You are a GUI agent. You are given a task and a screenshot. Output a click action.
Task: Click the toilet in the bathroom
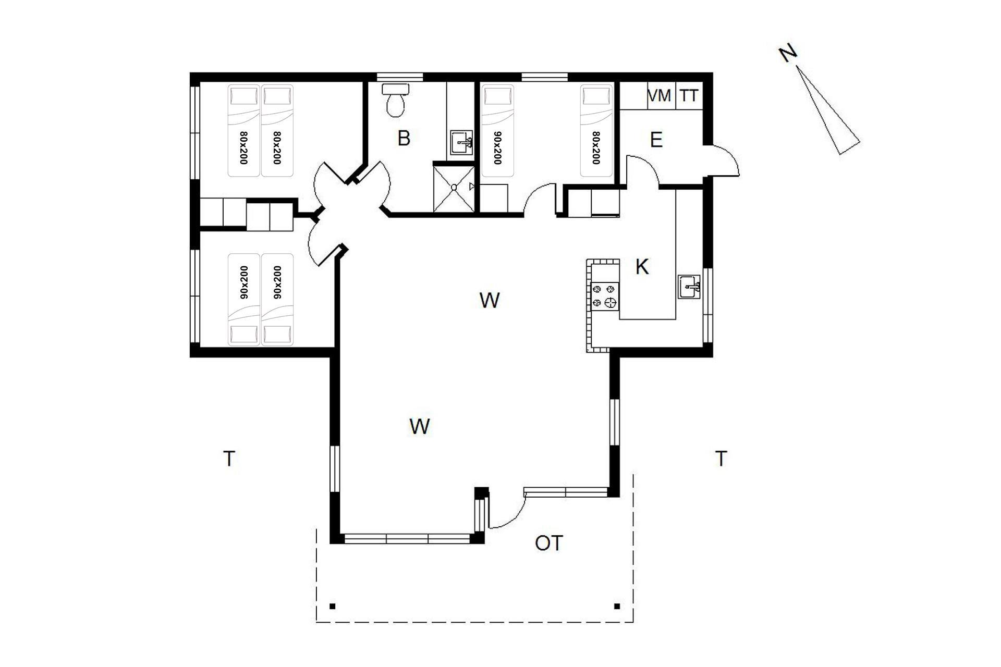395,100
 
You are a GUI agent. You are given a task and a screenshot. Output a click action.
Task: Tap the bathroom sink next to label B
461,142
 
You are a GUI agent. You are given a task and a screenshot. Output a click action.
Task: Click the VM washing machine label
659,96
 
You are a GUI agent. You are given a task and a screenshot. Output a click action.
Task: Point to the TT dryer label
689,96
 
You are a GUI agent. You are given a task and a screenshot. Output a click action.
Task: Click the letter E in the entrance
656,140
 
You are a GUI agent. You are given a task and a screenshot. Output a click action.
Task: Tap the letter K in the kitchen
642,267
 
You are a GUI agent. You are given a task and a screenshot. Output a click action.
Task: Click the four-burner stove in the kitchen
605,295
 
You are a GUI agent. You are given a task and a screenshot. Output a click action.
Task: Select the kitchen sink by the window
689,287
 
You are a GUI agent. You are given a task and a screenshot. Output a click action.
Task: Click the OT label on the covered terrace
549,544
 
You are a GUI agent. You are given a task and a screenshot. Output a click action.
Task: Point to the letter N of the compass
788,54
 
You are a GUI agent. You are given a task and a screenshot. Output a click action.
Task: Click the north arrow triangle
828,110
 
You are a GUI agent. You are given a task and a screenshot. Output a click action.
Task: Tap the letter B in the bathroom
404,138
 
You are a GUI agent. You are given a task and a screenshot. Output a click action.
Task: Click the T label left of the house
229,459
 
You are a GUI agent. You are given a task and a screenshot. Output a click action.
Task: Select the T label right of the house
721,459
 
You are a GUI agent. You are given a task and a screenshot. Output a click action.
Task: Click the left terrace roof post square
333,606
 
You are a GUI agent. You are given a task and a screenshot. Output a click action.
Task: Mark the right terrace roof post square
617,606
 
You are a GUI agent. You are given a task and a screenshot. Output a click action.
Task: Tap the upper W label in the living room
489,300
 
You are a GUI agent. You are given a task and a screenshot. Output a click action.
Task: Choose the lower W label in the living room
420,426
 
